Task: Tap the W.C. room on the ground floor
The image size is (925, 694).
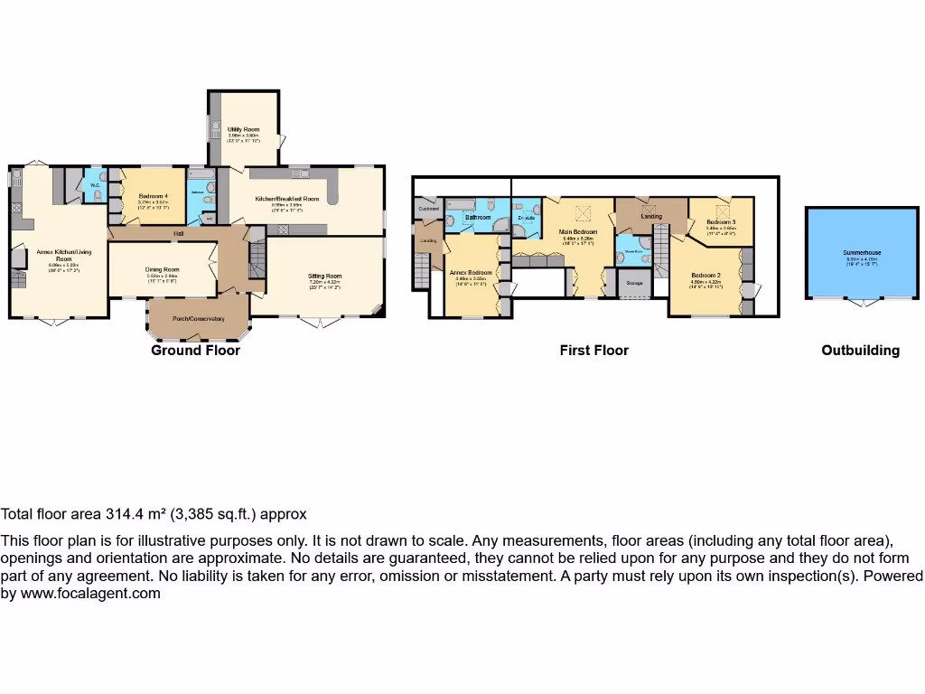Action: (x=95, y=185)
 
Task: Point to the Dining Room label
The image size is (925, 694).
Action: (x=163, y=269)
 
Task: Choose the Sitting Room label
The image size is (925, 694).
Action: (x=324, y=277)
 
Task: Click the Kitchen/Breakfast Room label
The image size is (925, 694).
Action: (x=287, y=199)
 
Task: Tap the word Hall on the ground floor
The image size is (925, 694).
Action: (x=180, y=234)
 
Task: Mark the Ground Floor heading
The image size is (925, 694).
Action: (x=195, y=350)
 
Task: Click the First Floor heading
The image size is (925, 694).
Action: (x=593, y=350)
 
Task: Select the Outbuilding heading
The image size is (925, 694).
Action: (x=860, y=350)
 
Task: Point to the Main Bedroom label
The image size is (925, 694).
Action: (x=578, y=232)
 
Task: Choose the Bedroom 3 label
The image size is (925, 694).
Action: (x=721, y=222)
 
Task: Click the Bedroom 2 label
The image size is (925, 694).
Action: (x=705, y=275)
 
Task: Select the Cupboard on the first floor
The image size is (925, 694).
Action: (x=428, y=209)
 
